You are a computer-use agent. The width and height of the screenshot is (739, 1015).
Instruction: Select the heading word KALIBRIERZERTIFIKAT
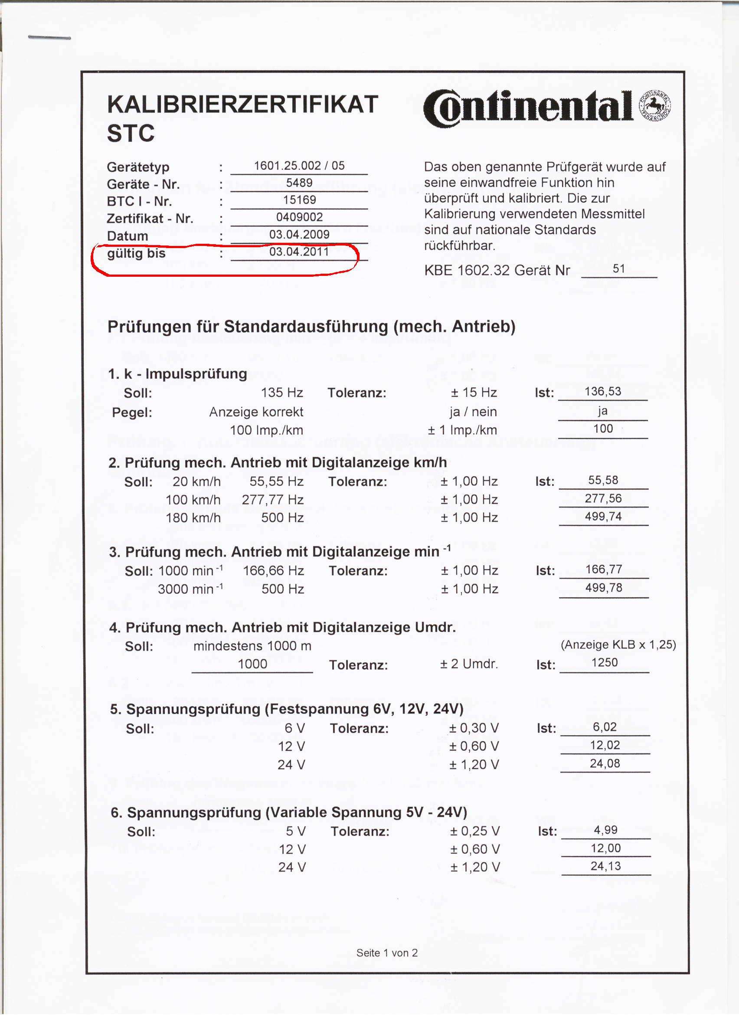pos(242,104)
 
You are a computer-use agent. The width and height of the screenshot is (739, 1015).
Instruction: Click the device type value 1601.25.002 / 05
pos(299,166)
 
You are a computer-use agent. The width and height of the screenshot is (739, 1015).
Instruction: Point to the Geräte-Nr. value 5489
pos(299,183)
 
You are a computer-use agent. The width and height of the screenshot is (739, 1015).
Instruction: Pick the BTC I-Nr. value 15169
pos(299,200)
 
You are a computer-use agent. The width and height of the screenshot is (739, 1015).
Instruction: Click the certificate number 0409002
pos(299,217)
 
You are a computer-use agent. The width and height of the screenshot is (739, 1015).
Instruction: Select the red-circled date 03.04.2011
pos(299,252)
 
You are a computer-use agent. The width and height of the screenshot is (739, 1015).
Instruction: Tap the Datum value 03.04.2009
pos(299,234)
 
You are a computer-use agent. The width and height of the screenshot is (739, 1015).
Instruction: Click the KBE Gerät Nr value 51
pos(619,268)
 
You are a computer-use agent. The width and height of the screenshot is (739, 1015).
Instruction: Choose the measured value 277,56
pos(603,498)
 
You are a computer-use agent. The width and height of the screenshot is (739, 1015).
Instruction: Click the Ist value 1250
pos(605,662)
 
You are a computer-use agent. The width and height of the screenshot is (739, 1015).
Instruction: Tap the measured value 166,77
pos(603,569)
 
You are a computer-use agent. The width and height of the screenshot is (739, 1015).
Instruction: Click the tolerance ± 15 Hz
pos(474,393)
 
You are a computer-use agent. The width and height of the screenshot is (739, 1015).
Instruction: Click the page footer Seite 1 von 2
pos(387,953)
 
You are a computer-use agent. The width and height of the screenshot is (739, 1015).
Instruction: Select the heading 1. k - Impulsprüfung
pos(177,374)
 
